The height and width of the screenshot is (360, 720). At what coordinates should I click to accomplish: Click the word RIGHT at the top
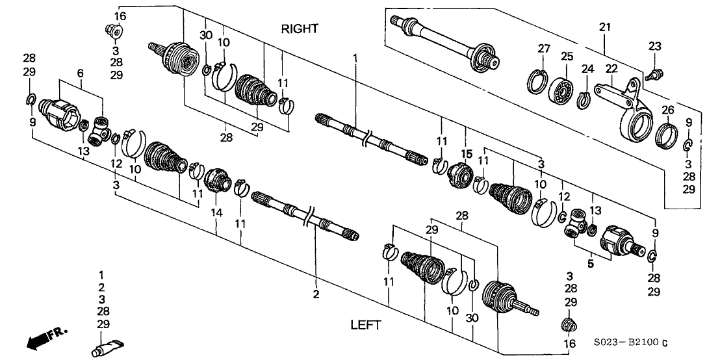point(300,29)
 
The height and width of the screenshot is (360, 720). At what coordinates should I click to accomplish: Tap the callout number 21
point(605,27)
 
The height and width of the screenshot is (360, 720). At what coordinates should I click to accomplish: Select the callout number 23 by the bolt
point(654,45)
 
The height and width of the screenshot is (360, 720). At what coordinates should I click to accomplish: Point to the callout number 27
point(543,48)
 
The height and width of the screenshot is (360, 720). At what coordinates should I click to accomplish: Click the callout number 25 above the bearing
point(567,57)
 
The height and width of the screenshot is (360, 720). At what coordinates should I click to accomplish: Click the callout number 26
point(668,109)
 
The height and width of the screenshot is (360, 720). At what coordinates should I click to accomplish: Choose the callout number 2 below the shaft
point(316,295)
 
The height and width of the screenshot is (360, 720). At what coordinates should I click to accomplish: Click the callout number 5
point(591,264)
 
